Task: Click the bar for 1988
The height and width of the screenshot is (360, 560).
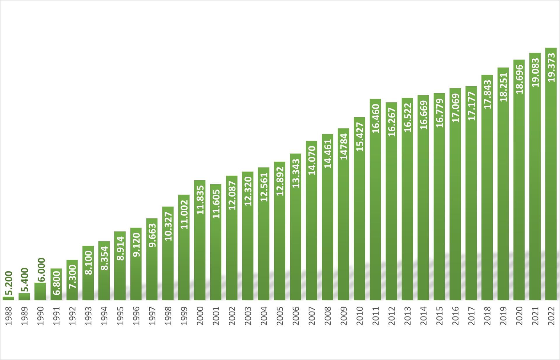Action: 8,298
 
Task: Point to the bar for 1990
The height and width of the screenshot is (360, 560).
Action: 40,291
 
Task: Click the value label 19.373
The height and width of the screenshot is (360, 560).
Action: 551,67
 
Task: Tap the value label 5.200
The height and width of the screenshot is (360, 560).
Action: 9,284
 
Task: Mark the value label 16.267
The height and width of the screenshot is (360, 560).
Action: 392,122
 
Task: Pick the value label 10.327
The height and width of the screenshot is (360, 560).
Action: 168,226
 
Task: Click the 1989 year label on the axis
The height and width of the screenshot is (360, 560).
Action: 24,316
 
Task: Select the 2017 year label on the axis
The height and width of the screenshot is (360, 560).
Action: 471,316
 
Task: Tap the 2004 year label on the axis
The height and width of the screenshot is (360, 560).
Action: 264,316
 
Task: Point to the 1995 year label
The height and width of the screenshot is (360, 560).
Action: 120,316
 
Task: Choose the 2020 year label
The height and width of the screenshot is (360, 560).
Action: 519,316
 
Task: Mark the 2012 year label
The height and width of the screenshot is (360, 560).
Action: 391,316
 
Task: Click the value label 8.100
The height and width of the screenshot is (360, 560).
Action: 89,263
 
